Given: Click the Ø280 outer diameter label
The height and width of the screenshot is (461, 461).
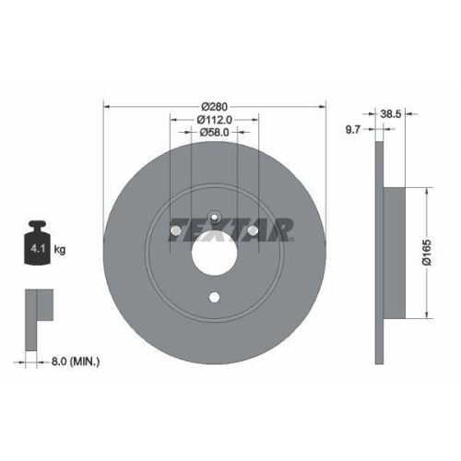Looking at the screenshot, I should pos(214,103).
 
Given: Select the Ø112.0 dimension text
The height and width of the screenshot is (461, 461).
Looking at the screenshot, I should pos(214,118).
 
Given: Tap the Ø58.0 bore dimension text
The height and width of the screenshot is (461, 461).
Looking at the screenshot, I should pos(214,133).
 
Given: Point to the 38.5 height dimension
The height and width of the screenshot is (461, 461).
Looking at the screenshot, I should pos(390,113).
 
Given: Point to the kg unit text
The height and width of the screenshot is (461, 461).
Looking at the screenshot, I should pos(59,250).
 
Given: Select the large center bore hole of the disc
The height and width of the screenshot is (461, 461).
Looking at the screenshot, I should pos(214,250).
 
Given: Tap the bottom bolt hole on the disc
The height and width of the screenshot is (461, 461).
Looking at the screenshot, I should pos(214,296).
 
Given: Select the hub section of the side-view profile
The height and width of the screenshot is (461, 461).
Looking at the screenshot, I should pos(394,254).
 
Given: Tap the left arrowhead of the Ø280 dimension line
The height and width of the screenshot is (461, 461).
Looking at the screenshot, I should pos(107,104).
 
